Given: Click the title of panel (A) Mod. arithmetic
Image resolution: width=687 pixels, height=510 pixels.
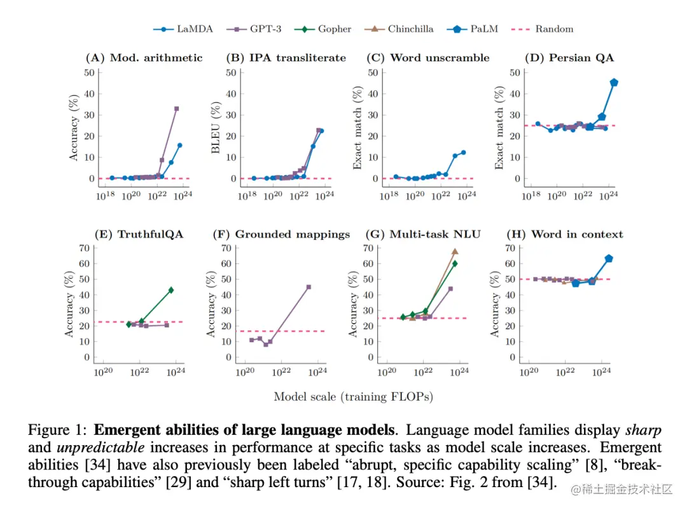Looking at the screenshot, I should pyautogui.click(x=144, y=58).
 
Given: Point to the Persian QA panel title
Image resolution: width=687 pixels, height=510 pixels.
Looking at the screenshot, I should pyautogui.click(x=569, y=58).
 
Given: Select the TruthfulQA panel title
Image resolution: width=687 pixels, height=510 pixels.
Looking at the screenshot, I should pyautogui.click(x=139, y=234).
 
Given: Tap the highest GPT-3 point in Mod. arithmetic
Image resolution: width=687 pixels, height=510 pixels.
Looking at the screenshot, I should pyautogui.click(x=176, y=109).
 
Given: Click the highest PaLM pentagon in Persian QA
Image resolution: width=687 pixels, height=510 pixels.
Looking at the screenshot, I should pyautogui.click(x=614, y=83).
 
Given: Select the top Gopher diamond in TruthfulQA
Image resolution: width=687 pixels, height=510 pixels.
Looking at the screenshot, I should pyautogui.click(x=170, y=290).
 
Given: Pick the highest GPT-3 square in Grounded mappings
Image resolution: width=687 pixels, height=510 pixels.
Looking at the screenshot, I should pyautogui.click(x=309, y=287).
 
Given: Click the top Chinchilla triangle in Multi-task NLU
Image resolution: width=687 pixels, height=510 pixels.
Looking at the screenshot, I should pyautogui.click(x=455, y=251).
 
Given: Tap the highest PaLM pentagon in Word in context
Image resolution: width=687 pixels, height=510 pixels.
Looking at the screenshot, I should pyautogui.click(x=608, y=258).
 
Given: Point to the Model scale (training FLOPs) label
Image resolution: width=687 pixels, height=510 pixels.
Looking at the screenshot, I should pyautogui.click(x=353, y=397).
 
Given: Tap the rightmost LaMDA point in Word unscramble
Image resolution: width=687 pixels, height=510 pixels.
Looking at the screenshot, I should pyautogui.click(x=463, y=153).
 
